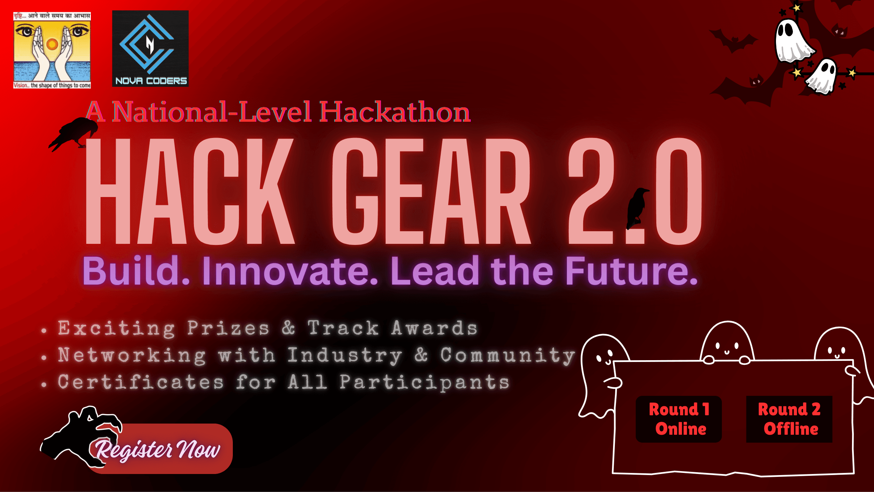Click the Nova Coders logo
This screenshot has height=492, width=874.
150,48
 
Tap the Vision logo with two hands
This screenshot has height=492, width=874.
52,50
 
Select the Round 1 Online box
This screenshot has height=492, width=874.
679,419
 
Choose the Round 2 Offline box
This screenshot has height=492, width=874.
789,419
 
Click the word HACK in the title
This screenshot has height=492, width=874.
189,191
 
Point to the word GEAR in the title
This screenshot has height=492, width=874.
431,191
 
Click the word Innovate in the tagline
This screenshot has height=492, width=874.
290,271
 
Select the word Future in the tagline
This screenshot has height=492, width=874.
631,271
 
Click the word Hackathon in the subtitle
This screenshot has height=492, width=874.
395,112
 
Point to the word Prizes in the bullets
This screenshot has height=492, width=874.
228,328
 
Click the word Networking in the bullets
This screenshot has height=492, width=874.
132,355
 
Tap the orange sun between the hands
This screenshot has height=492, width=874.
52,44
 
